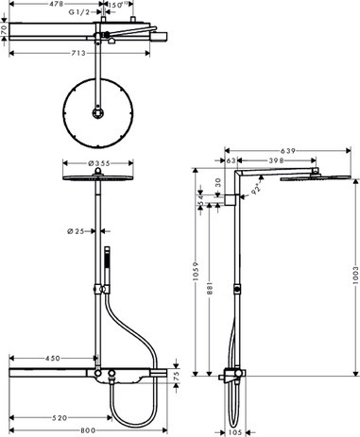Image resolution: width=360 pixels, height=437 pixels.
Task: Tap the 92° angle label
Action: point(254,190)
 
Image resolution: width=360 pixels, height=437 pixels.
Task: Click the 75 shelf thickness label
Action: point(175,377)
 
